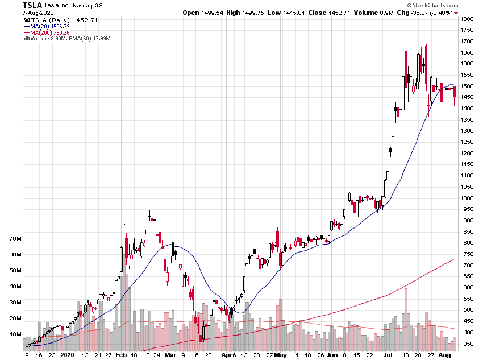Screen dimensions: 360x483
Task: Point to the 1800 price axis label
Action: tap(467, 19)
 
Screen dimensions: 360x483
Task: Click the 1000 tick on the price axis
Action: tap(467, 198)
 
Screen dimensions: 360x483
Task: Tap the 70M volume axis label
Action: tap(15, 239)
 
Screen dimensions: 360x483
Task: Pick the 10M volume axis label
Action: tap(15, 334)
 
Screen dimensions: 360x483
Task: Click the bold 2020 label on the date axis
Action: tap(68, 354)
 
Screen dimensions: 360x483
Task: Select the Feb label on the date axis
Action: tap(120, 354)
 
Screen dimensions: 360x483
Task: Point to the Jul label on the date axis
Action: tap(388, 354)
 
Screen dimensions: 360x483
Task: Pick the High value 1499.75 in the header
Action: tap(247, 13)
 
